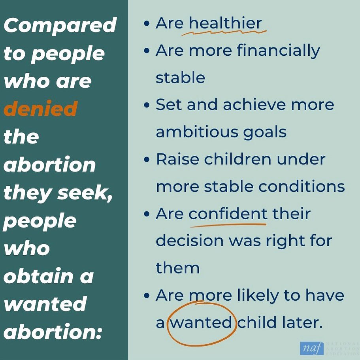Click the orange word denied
(41, 109)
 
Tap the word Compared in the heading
(60, 25)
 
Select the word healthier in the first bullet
(225, 23)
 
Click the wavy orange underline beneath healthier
(224, 33)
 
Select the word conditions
(302, 186)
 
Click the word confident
(228, 213)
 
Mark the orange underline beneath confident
(228, 225)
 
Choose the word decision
(190, 241)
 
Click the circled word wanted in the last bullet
(201, 322)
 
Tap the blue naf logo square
(311, 348)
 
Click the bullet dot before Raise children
(147, 160)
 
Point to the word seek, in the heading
(85, 193)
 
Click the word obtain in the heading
(38, 276)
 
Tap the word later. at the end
(303, 322)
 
